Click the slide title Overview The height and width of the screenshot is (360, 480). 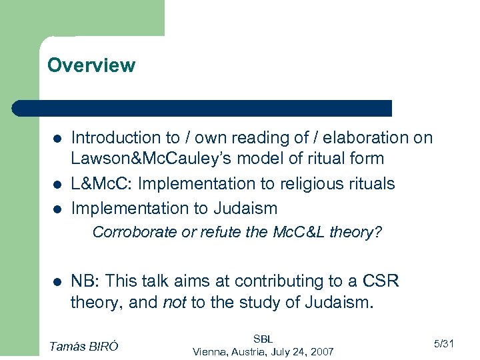point(91,65)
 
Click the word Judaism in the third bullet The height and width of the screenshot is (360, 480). point(245,208)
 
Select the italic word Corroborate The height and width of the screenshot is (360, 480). point(130,232)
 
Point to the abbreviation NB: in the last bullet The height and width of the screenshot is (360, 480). point(85,281)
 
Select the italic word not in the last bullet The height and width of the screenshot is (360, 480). point(175,303)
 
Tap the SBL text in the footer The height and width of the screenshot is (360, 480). point(263,339)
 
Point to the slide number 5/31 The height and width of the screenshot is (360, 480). point(443,344)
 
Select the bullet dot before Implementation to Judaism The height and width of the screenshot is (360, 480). point(58,209)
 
